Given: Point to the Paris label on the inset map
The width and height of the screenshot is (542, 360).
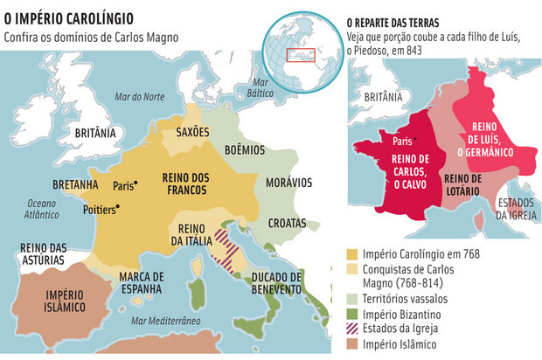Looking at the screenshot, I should (x=403, y=140).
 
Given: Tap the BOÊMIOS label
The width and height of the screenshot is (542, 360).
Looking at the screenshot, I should (x=247, y=150).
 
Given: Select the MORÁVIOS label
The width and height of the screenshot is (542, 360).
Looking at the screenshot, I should (x=288, y=183).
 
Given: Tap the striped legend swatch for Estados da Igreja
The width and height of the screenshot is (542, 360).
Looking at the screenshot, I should (x=354, y=329).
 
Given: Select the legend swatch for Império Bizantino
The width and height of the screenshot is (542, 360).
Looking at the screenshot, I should (x=354, y=313).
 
